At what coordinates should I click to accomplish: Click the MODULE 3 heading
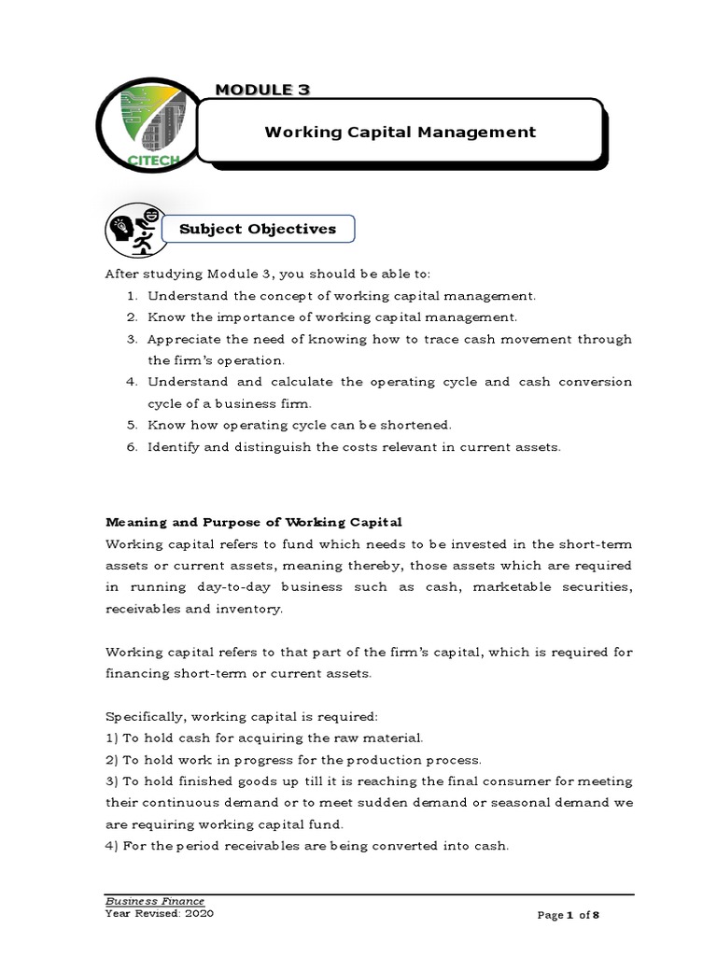pyautogui.click(x=262, y=89)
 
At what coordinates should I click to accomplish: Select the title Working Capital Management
pyautogui.click(x=400, y=132)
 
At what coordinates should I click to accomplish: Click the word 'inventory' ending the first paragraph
pyautogui.click(x=247, y=608)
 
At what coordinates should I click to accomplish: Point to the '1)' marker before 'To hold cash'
pyautogui.click(x=112, y=737)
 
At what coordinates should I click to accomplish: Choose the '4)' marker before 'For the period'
pyautogui.click(x=112, y=845)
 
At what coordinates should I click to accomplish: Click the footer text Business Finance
pyautogui.click(x=154, y=901)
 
